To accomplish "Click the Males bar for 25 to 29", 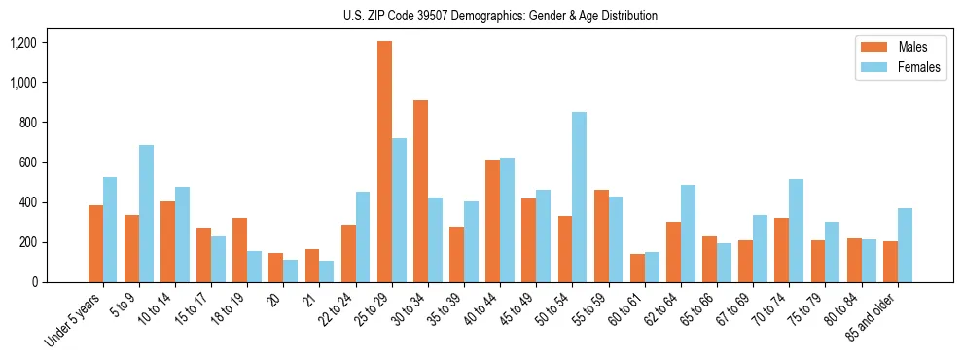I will tap(384, 162).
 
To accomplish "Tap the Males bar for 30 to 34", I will tap(420, 191).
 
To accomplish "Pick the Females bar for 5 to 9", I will tap(146, 213).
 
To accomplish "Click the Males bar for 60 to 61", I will tap(637, 268).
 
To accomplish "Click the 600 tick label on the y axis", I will tap(26, 162).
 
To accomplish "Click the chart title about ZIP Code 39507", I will tap(500, 16).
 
